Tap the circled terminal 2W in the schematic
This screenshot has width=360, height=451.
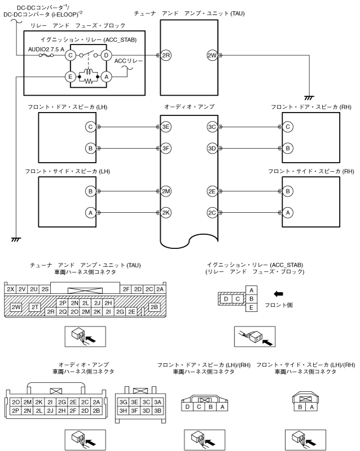click(212, 56)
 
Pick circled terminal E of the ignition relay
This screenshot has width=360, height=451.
click(70, 77)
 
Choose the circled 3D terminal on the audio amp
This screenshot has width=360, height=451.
click(212, 149)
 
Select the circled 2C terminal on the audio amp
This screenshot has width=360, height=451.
click(212, 213)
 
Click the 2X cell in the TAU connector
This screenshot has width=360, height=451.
click(10, 289)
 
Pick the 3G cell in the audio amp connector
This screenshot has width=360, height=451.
click(123, 401)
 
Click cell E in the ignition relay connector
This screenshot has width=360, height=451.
click(251, 307)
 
